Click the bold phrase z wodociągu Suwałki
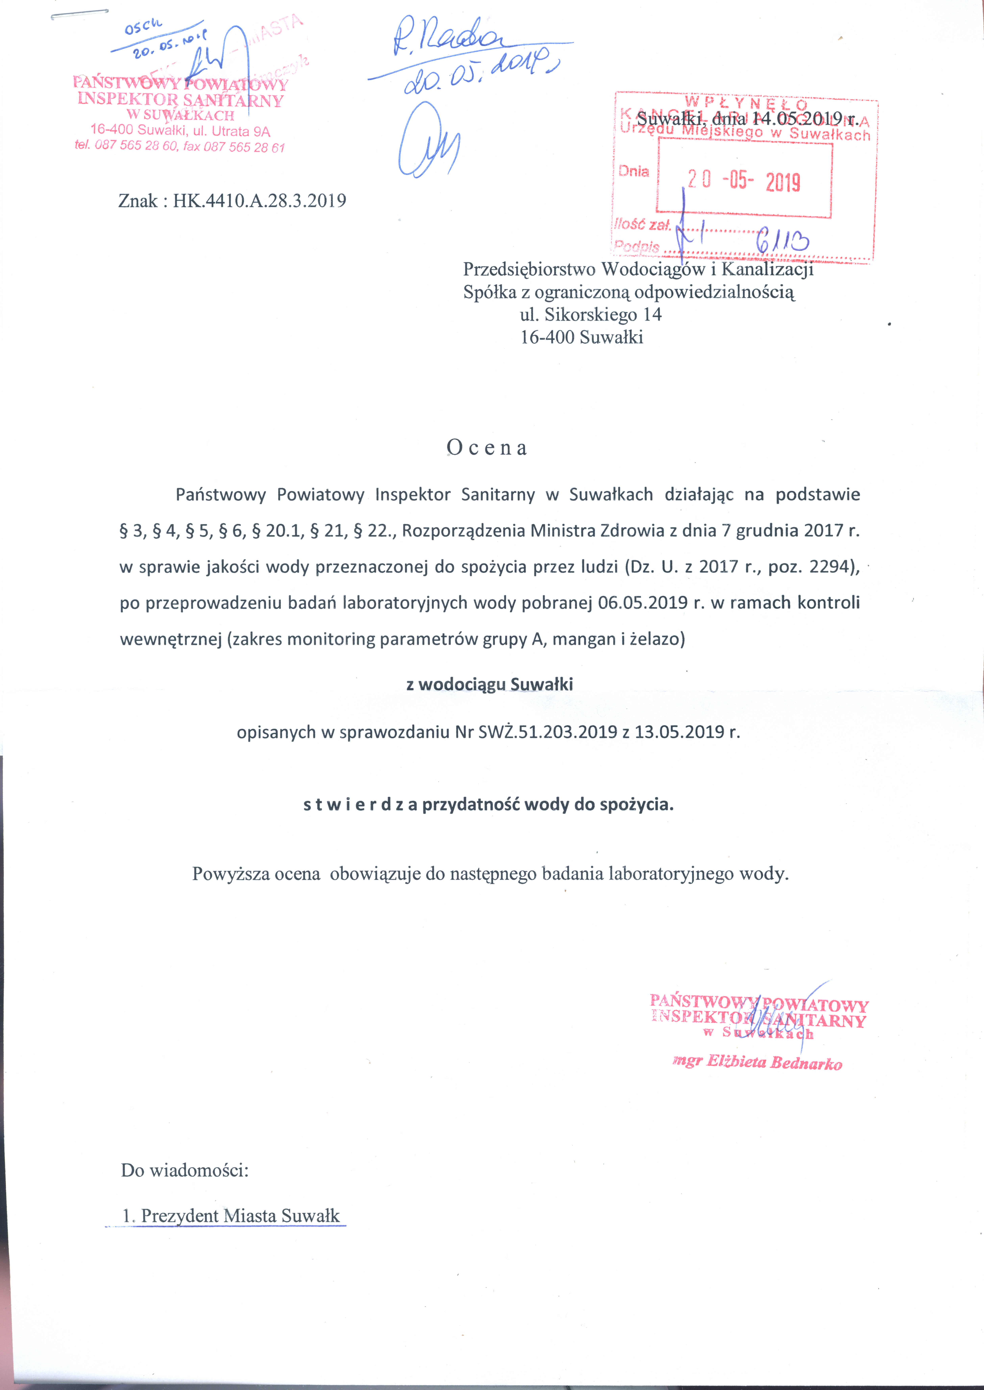490,684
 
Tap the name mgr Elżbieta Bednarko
757,1062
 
